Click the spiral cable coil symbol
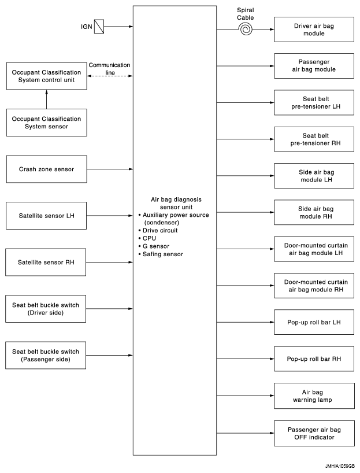[246, 29]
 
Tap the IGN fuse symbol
[99, 27]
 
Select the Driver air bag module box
[314, 29]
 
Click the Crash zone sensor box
[46, 169]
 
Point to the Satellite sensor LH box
[46, 216]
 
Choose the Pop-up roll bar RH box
[314, 359]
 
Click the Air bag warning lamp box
[314, 396]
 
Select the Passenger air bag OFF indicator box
[314, 433]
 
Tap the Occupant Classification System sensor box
[46, 123]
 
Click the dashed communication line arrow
[110, 76]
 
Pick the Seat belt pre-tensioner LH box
[314, 102]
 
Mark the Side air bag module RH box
[314, 212]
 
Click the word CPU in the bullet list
[149, 238]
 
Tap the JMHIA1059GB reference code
[340, 466]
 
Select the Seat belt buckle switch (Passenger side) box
[46, 356]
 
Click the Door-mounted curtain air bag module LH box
[314, 249]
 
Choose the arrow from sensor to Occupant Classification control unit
[46, 99]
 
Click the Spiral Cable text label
[246, 14]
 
